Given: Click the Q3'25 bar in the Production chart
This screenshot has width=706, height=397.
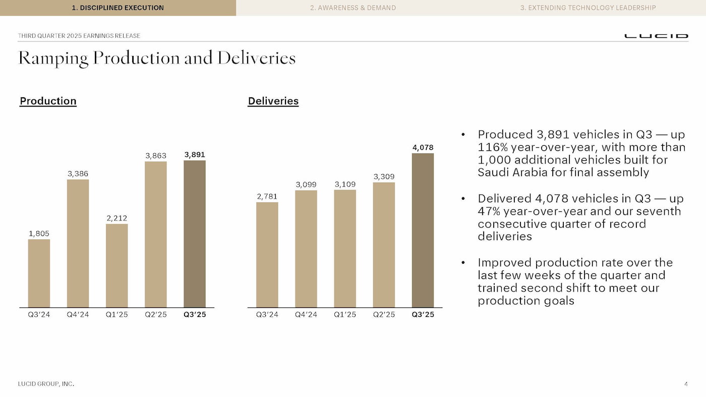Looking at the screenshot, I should pyautogui.click(x=194, y=234).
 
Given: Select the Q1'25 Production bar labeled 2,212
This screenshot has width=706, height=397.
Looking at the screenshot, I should pyautogui.click(x=116, y=265).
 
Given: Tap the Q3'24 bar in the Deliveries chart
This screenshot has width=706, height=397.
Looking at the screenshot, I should pyautogui.click(x=267, y=255).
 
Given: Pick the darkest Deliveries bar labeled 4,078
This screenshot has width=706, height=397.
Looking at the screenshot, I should pyautogui.click(x=423, y=230).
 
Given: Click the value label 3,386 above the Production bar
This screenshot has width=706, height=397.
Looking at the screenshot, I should pyautogui.click(x=78, y=174).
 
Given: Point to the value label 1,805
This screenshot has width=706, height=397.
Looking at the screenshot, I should pyautogui.click(x=39, y=234).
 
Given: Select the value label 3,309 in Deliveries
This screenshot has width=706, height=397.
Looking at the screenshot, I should pyautogui.click(x=384, y=177).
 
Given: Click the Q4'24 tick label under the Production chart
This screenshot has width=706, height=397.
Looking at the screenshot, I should pyautogui.click(x=78, y=315).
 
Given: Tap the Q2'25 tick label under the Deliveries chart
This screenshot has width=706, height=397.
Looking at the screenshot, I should pyautogui.click(x=384, y=315).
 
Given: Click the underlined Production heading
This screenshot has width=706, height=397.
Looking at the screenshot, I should pyautogui.click(x=48, y=101).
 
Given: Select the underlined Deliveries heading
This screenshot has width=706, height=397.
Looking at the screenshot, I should pyautogui.click(x=273, y=101).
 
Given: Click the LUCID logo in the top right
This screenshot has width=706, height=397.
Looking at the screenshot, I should pyautogui.click(x=656, y=36).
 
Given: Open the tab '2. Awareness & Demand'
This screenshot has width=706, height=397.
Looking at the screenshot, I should pyautogui.click(x=353, y=8).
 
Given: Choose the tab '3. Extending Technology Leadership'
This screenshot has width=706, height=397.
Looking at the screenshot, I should pyautogui.click(x=588, y=8).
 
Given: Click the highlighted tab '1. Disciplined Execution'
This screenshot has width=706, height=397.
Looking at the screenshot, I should pyautogui.click(x=117, y=8).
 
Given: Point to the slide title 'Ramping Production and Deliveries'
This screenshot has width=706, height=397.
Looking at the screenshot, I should pyautogui.click(x=157, y=58).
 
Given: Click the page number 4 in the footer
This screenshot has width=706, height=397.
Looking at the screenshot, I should pyautogui.click(x=686, y=384).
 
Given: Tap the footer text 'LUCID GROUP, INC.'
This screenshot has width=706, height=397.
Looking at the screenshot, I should pyautogui.click(x=46, y=384).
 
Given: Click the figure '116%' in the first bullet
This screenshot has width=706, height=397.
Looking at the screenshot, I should pyautogui.click(x=493, y=147).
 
